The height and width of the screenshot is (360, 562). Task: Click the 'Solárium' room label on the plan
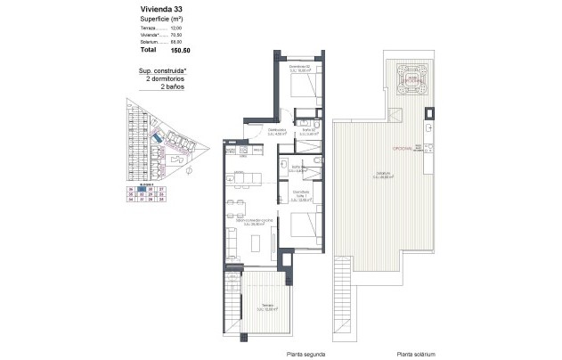pos(383,175)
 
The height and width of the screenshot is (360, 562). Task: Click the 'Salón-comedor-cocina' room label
pos(246,223)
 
